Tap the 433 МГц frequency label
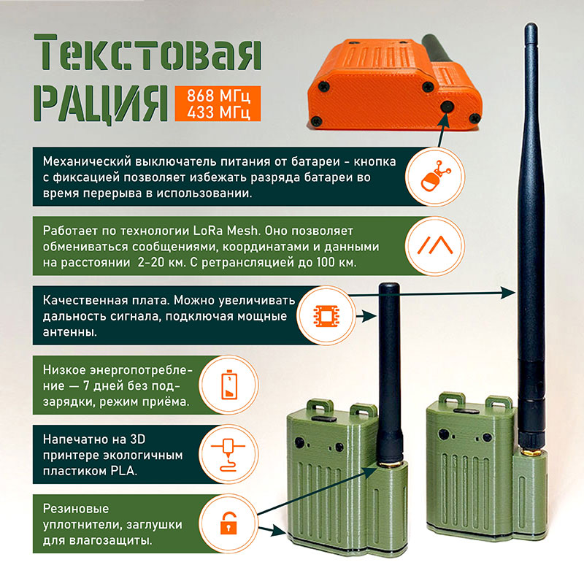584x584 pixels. coord(218,112)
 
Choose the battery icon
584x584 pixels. coord(230,385)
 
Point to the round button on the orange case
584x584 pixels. coord(445,107)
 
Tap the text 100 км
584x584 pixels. coord(335,263)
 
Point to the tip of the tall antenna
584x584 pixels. coord(528,27)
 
